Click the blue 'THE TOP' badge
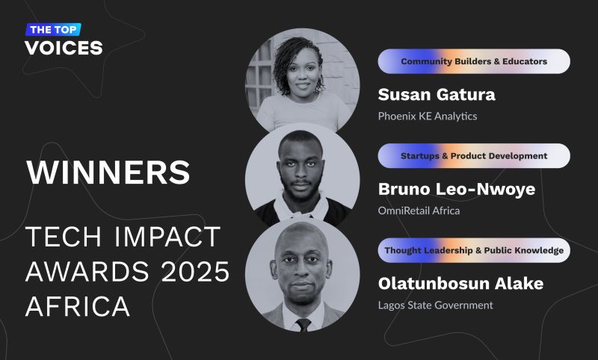coord(53,29)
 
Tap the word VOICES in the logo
coord(64,48)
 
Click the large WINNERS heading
coord(108,173)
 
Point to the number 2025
coord(195,272)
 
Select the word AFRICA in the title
coord(78,306)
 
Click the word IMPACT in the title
coord(167,237)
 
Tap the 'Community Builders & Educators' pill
coord(474,61)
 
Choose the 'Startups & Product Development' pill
coord(474,156)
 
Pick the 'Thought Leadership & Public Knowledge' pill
coord(474,250)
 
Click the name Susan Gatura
coord(437,94)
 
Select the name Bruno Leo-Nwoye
coord(457,189)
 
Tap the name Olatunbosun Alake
coord(460,283)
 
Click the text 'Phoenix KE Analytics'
coord(428,117)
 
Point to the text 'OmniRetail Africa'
coord(419,211)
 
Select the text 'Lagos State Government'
coord(436,305)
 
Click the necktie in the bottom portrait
coord(303,325)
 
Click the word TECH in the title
coord(64,237)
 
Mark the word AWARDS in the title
coord(87,272)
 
